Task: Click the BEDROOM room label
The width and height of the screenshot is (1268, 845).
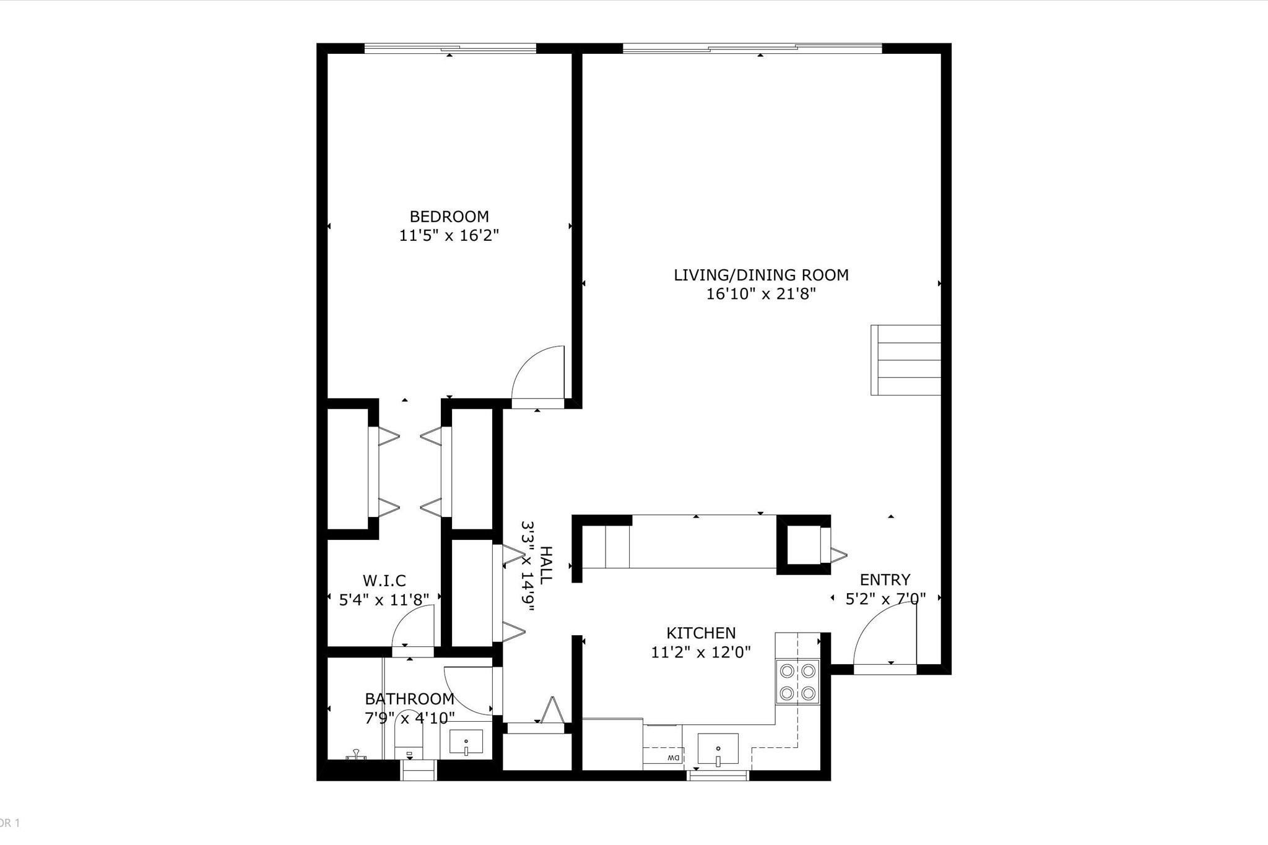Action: click(449, 217)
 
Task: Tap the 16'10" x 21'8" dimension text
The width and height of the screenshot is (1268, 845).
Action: click(761, 294)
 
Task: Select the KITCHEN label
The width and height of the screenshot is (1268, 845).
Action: click(701, 633)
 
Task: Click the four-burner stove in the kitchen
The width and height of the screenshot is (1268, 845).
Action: click(797, 682)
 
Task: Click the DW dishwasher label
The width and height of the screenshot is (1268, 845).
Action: click(673, 758)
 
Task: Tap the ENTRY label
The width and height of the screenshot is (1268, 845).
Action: click(885, 579)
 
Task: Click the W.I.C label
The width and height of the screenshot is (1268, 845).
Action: click(384, 581)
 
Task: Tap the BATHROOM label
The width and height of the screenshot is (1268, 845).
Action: click(409, 699)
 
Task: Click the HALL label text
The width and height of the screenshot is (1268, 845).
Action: click(545, 565)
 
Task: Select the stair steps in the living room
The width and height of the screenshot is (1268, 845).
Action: click(906, 360)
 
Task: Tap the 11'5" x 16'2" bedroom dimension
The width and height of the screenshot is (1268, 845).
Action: click(449, 236)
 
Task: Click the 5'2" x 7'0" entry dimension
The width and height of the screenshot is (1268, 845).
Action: click(885, 599)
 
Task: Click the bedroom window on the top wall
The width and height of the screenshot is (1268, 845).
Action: click(449, 48)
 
